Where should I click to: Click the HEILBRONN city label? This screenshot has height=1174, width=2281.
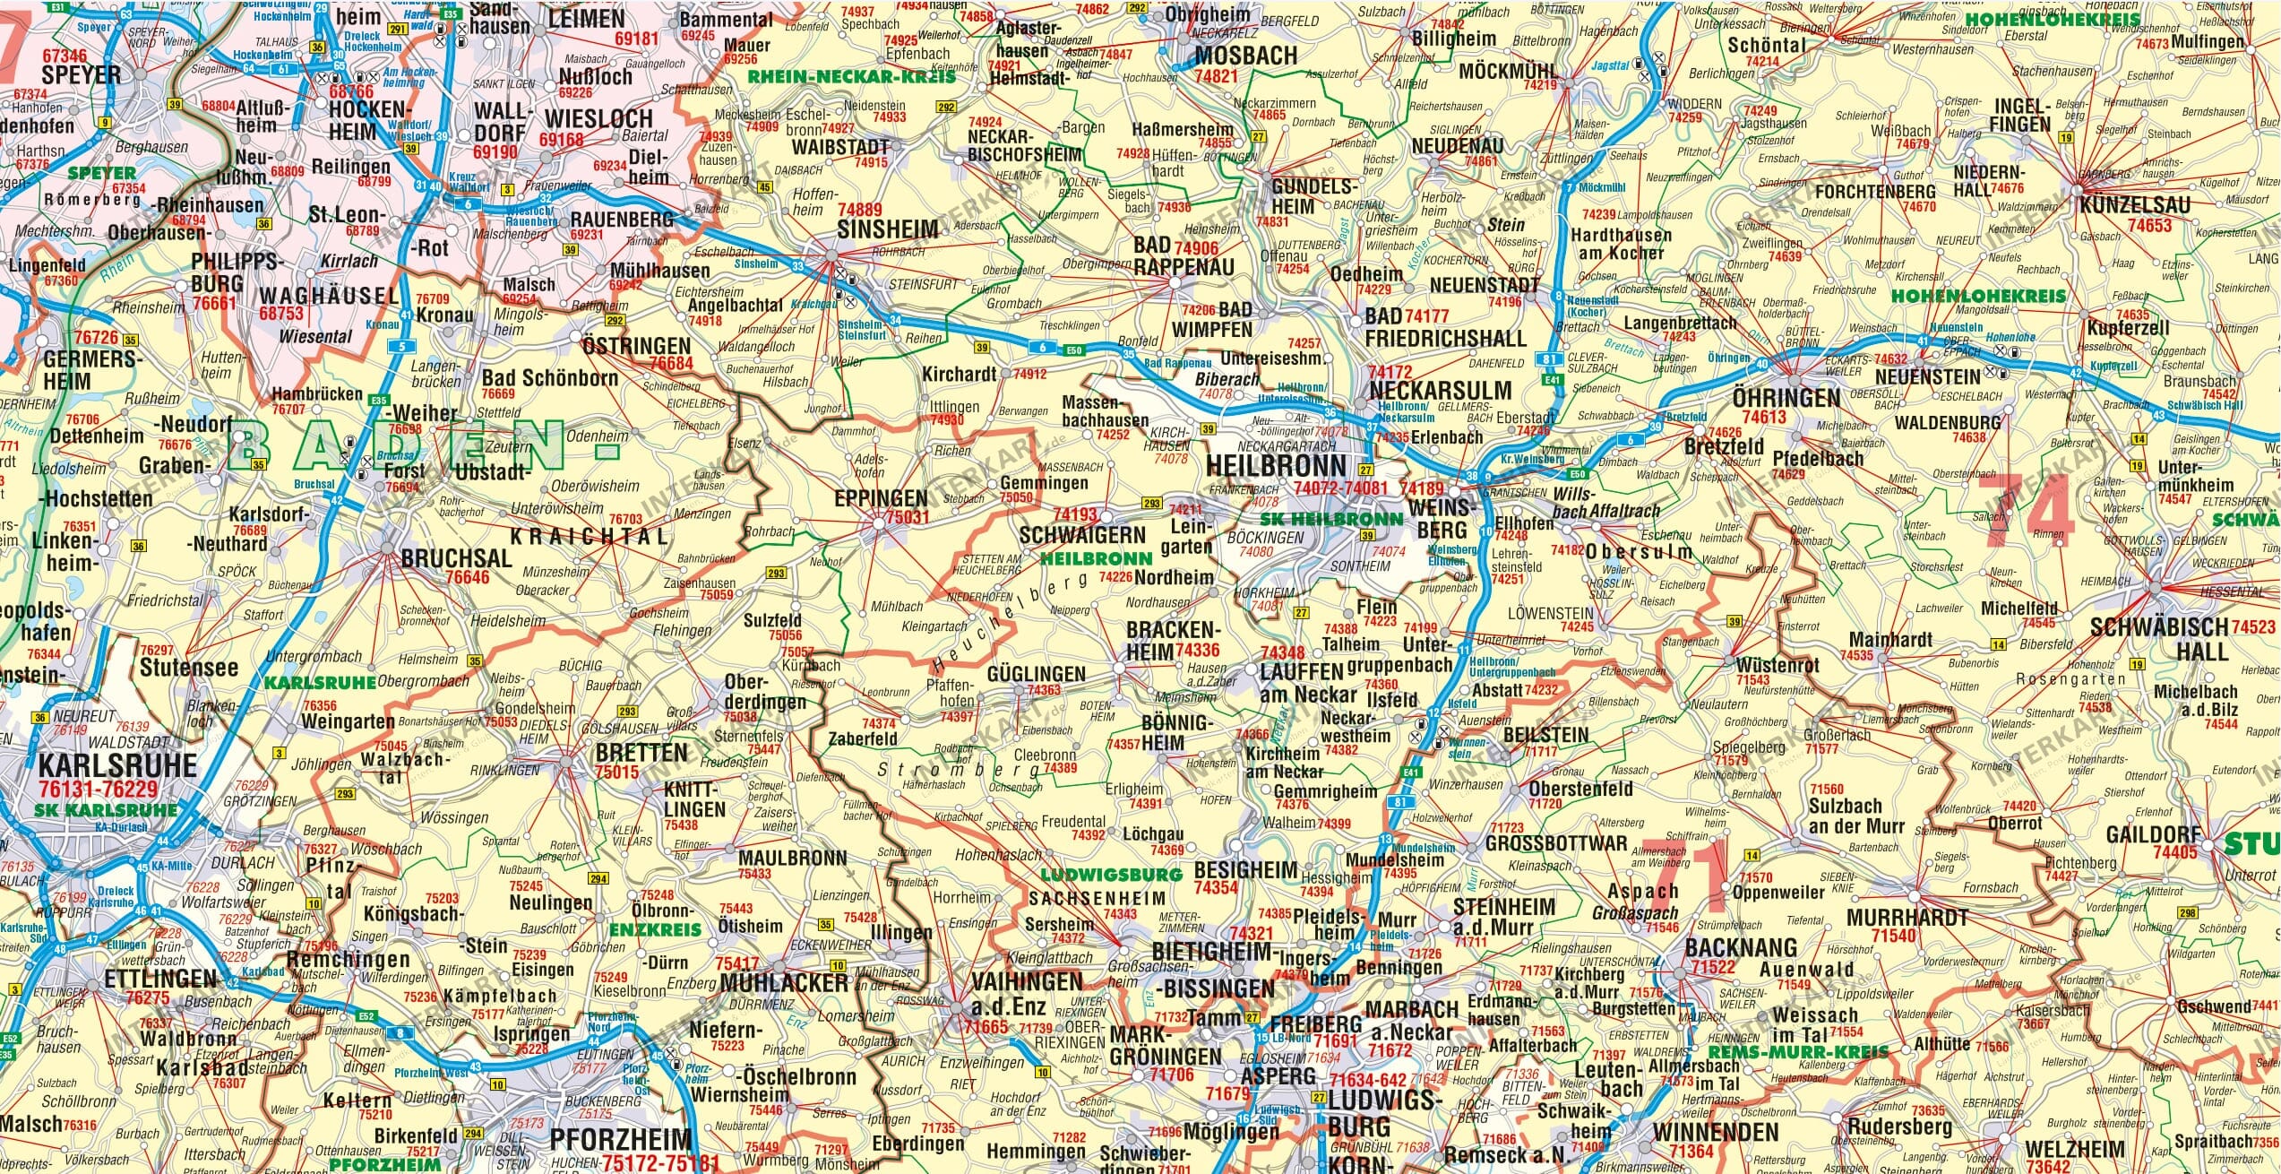[1276, 465]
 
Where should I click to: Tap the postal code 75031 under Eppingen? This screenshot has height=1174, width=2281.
[907, 517]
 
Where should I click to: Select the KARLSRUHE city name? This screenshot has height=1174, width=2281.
[117, 766]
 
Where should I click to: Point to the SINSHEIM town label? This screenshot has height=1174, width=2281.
[887, 230]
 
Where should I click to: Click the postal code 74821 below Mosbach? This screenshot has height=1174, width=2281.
[1216, 77]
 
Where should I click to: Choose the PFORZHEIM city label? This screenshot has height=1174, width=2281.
[620, 1140]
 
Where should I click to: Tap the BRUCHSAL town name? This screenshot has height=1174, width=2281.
[456, 558]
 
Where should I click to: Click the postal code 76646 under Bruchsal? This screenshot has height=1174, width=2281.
[468, 577]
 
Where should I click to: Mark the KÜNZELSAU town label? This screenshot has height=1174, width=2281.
[2134, 205]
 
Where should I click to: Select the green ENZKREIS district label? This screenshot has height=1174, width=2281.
[655, 930]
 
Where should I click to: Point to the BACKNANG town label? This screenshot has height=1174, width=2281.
[1741, 948]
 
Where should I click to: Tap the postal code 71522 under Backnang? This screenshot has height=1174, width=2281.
[1713, 968]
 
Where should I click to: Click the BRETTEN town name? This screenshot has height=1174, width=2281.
[641, 753]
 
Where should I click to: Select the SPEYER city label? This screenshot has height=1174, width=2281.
[81, 75]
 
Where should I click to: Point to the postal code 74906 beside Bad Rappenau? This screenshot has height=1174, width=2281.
[1196, 248]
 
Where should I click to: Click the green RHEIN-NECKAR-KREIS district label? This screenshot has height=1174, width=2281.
[851, 77]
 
